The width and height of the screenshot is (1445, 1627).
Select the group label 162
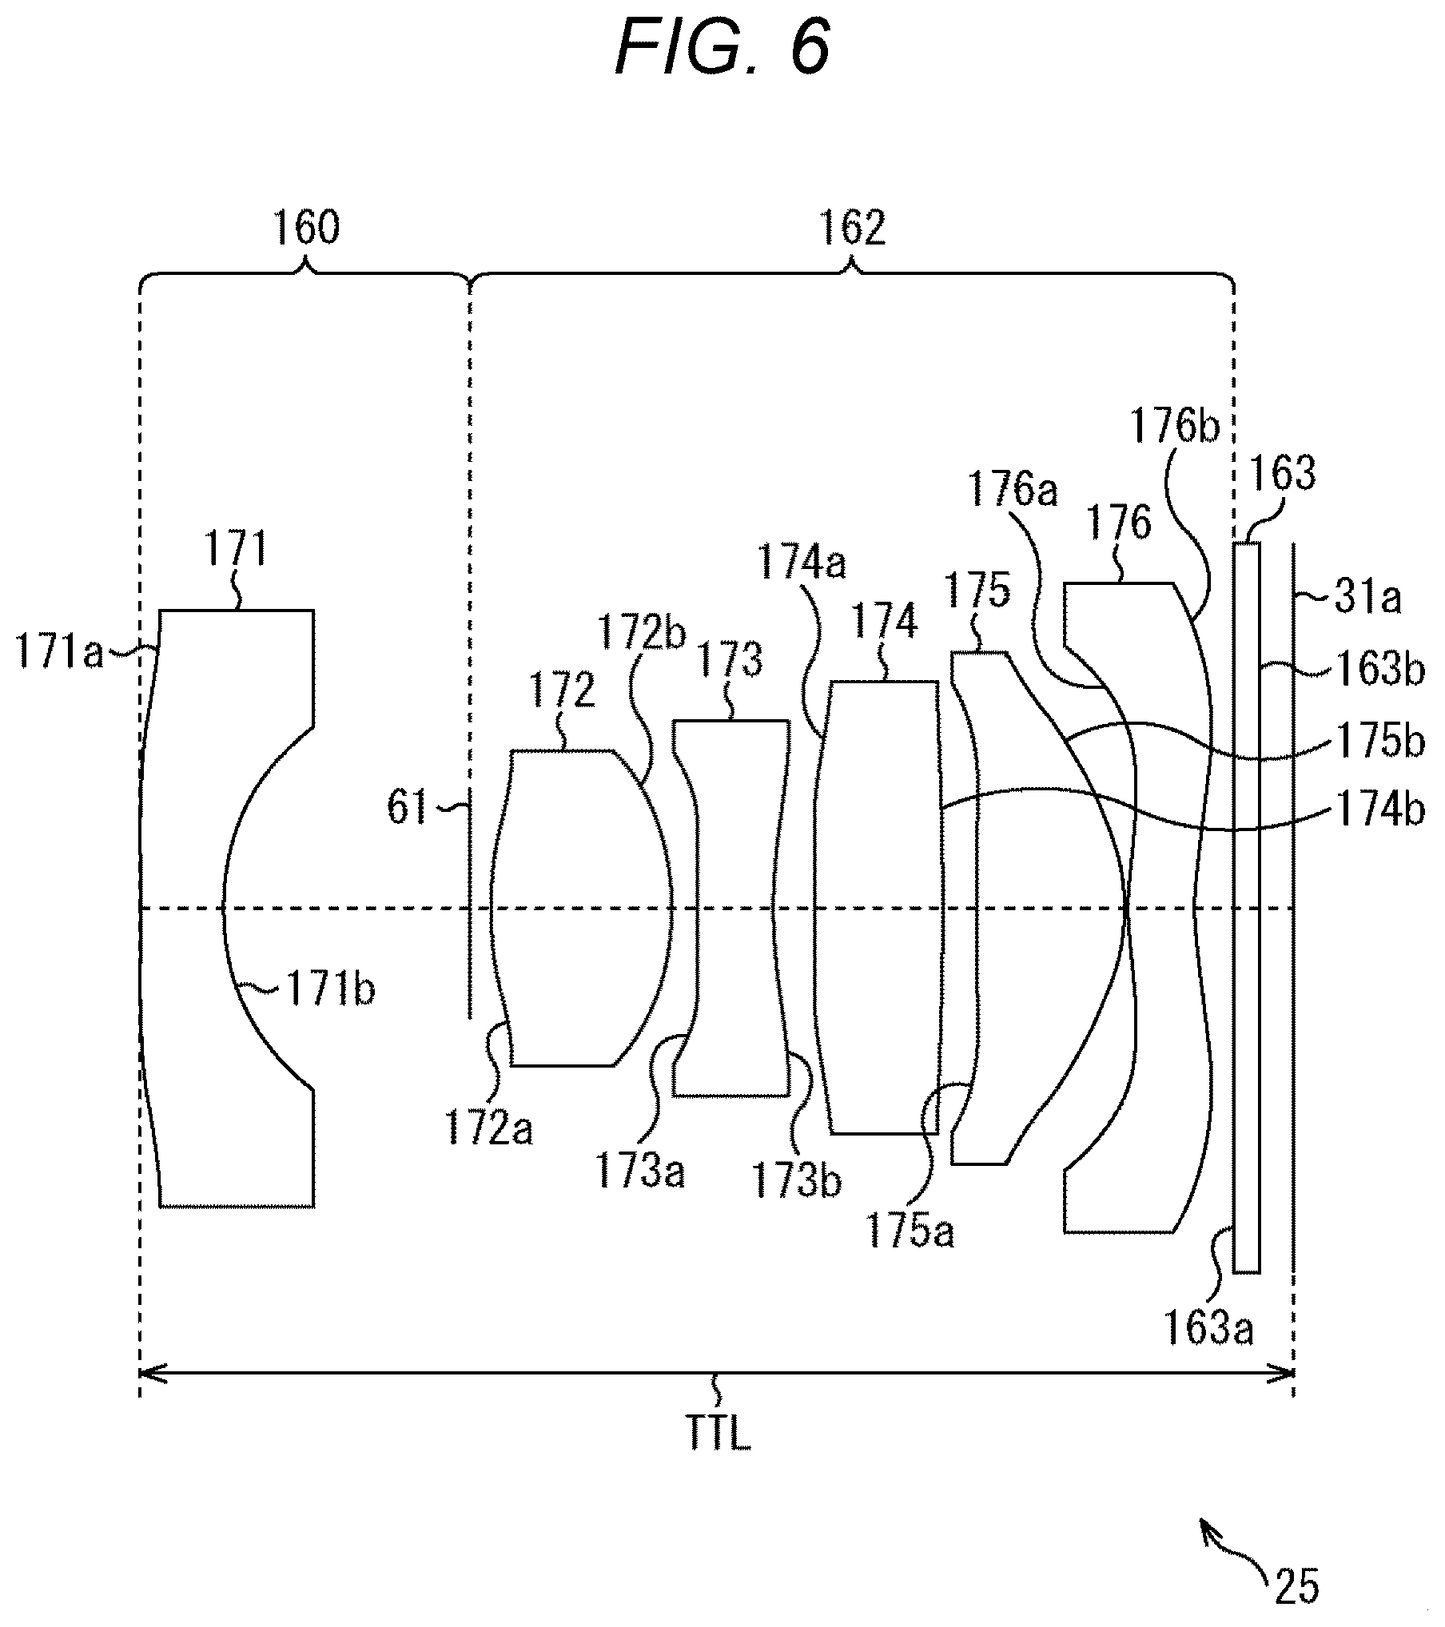[852, 228]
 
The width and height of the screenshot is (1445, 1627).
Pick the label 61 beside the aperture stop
[408, 808]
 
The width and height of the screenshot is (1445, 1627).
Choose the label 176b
[1175, 427]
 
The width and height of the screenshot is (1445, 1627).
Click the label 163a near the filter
[1208, 1330]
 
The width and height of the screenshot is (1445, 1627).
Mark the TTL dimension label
[719, 1435]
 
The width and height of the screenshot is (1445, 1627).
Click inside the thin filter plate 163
[1247, 908]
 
